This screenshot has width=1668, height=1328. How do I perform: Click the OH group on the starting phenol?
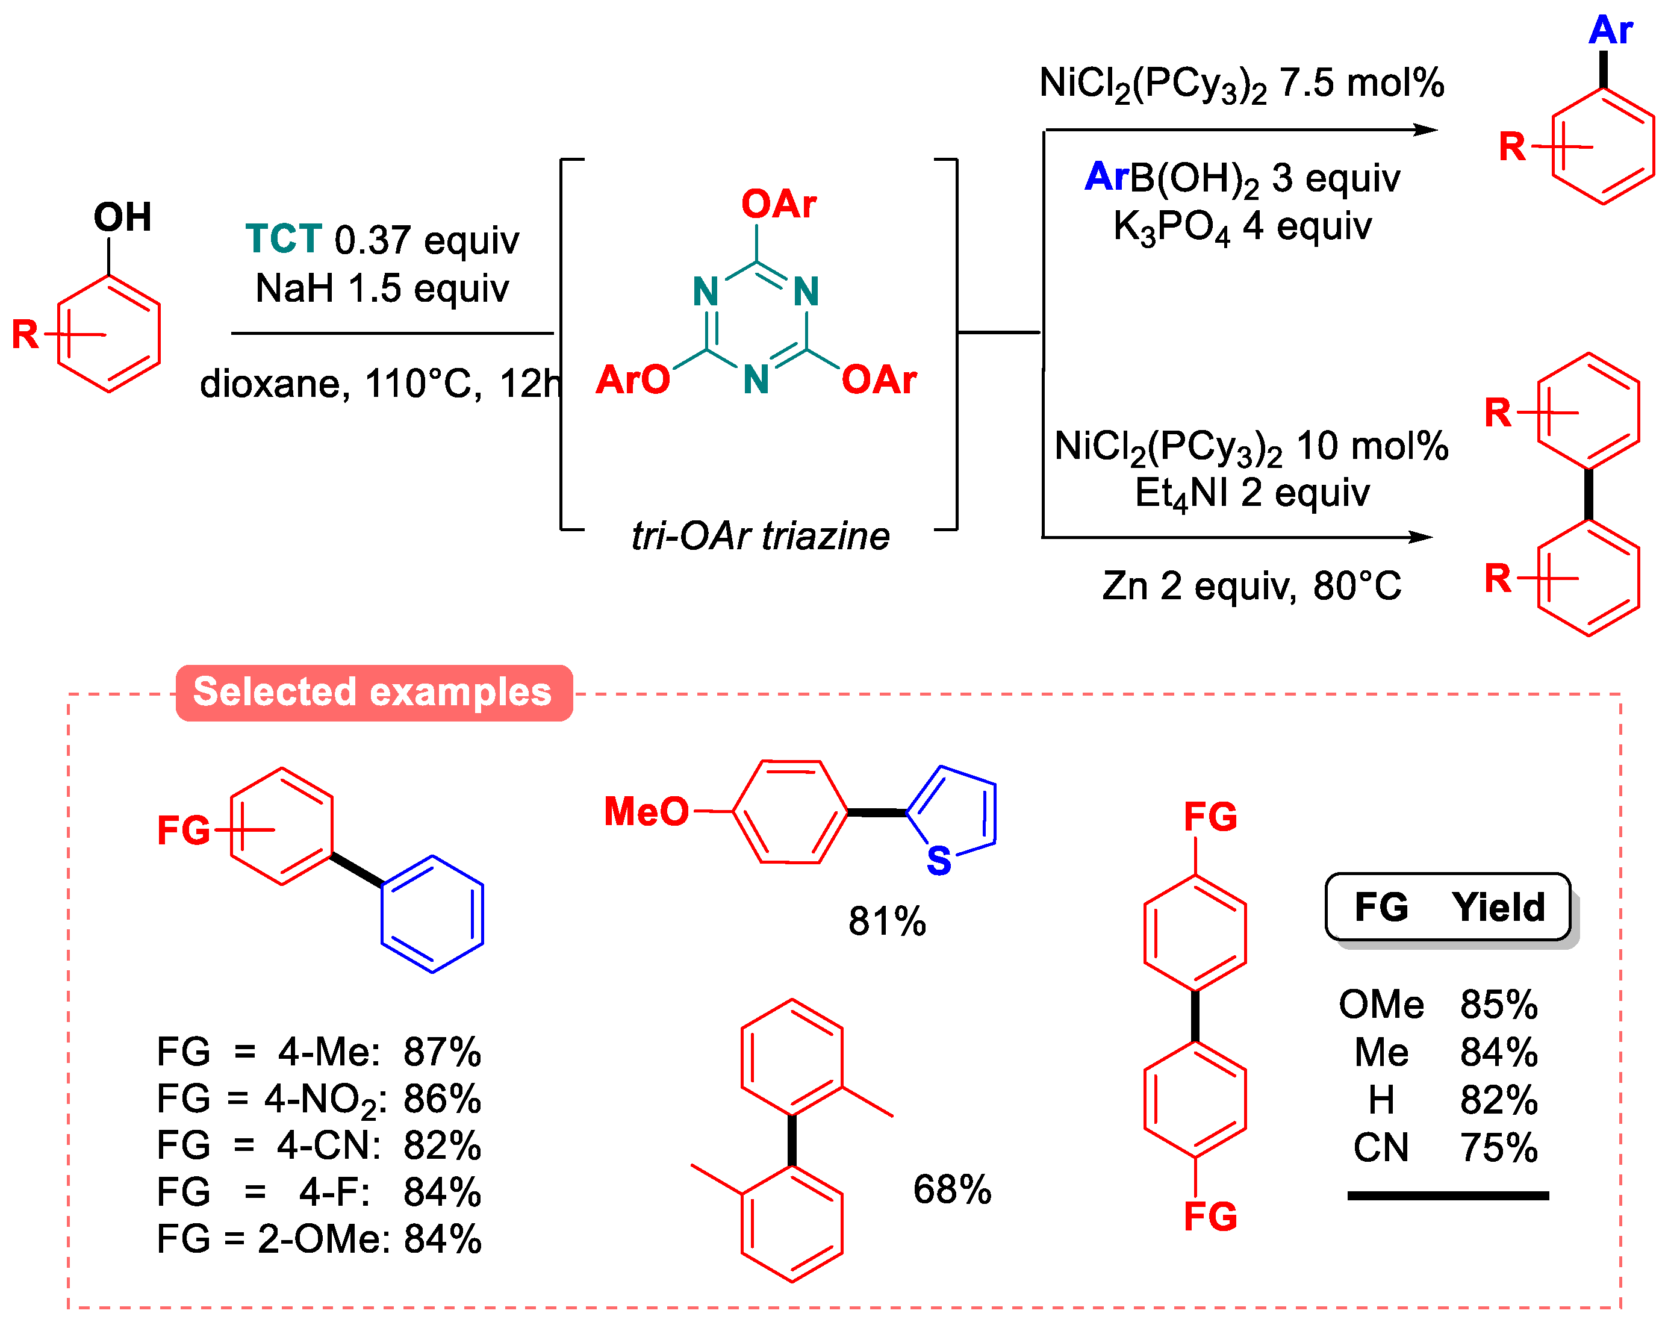coord(122,217)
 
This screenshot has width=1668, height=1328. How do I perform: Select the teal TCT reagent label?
coord(283,239)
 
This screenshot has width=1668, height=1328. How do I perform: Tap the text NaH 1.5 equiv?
coord(382,288)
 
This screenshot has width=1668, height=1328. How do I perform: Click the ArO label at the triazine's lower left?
coord(632,380)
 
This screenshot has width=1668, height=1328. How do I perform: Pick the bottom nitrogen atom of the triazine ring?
coord(756,380)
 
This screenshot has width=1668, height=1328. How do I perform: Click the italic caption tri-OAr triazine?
coord(761,535)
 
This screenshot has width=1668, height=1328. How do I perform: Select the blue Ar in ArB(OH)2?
coord(1106,176)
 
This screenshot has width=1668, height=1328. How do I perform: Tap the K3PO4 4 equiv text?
coord(1242,226)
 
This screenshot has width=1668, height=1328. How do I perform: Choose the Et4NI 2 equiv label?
coord(1252,493)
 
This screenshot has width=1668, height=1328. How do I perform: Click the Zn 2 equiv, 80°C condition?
coord(1252,586)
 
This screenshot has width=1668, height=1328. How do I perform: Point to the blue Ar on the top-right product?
coord(1610,31)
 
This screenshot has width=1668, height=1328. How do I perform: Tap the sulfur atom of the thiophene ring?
coord(938,861)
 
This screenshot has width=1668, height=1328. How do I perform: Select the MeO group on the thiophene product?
coord(646,812)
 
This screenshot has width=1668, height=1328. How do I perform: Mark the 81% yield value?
coord(886,921)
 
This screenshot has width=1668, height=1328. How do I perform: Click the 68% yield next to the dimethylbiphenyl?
coord(951,1189)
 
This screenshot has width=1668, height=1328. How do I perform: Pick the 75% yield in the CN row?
coord(1499,1148)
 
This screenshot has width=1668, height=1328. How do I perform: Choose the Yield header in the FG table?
coord(1498,906)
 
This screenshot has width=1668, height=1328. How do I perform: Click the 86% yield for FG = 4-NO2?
coord(442,1099)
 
